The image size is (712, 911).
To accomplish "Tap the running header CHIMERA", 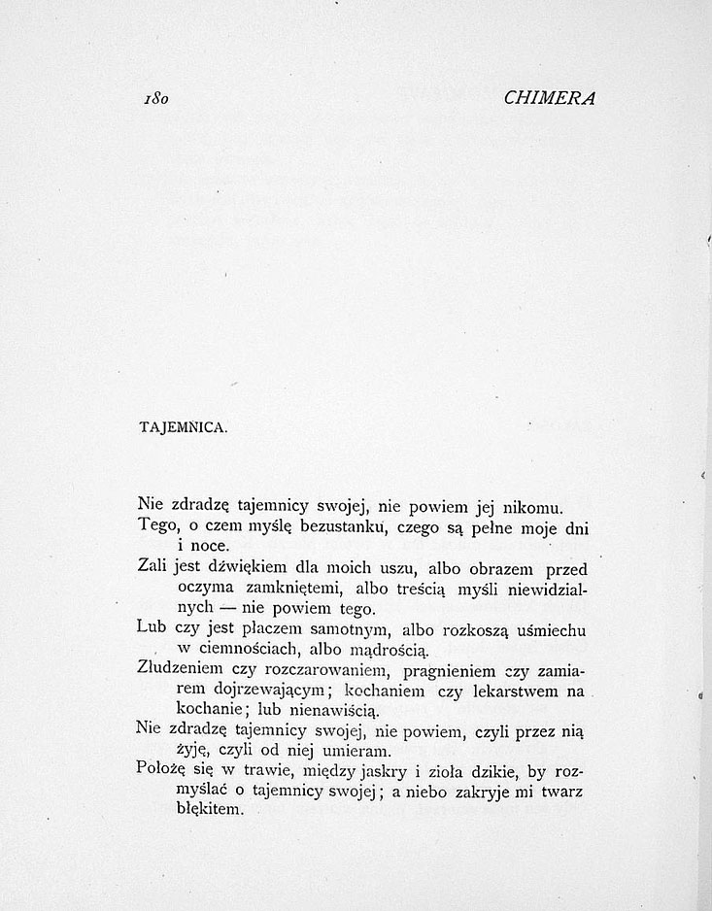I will (550, 97).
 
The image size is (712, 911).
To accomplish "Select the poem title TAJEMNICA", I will (183, 427).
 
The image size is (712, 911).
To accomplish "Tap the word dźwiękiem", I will (243, 568).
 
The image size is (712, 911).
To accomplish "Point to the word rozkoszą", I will (484, 630).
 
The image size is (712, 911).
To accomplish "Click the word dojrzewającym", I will (282, 692).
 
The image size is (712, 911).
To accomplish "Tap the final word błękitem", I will (211, 813).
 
